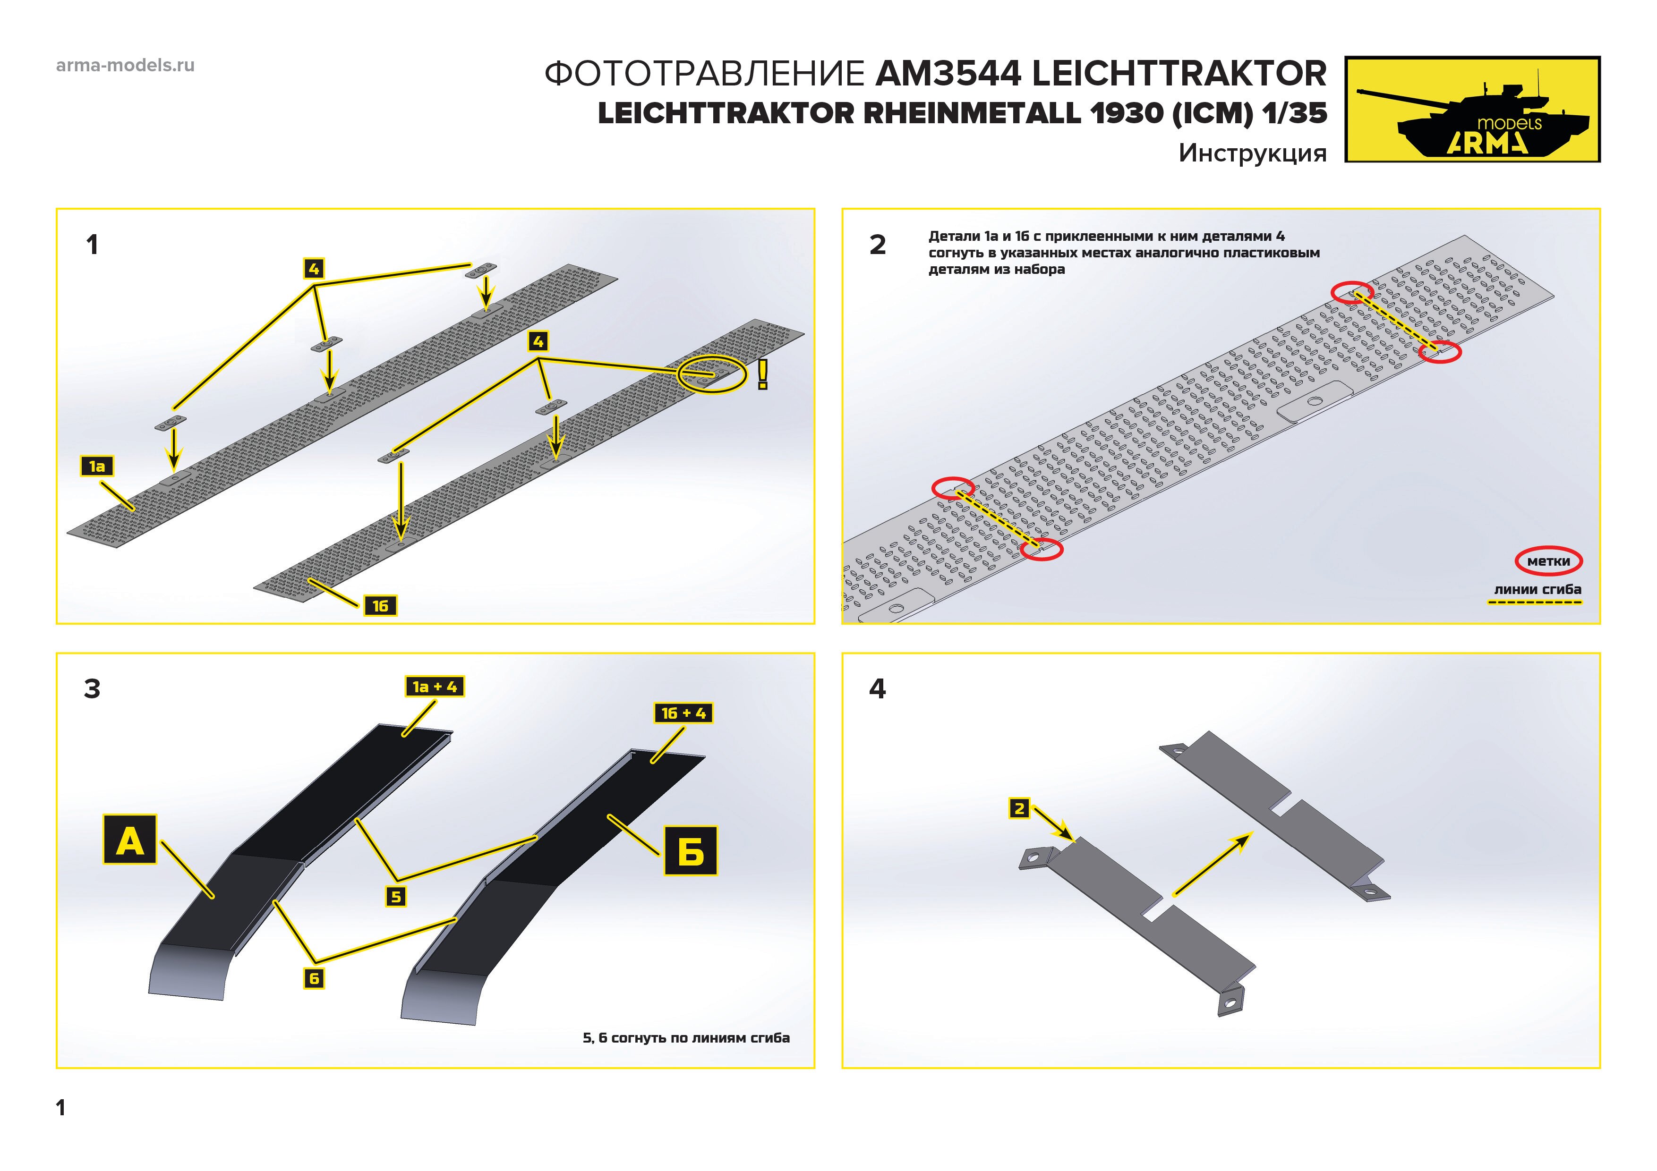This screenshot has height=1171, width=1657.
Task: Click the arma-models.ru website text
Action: (125, 66)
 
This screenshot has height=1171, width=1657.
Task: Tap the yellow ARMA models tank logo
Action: (1472, 109)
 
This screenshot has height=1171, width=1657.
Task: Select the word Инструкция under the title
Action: (1252, 153)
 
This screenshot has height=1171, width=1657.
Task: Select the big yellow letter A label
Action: (130, 840)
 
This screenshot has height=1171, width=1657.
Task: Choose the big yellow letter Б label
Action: (691, 851)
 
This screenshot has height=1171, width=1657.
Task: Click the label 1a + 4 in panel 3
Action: (435, 687)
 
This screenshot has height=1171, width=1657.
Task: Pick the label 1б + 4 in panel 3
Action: (683, 713)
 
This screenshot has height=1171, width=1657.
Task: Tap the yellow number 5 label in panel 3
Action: (395, 897)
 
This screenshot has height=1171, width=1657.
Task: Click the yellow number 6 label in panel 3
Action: (314, 978)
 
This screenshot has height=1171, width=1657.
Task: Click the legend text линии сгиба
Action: (1537, 589)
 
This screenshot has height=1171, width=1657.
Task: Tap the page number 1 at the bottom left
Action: (60, 1108)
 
